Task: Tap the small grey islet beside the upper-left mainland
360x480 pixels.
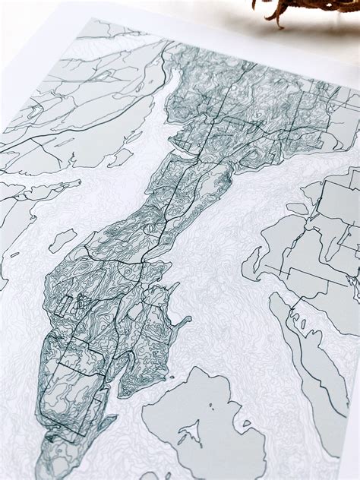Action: (x=120, y=156)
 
